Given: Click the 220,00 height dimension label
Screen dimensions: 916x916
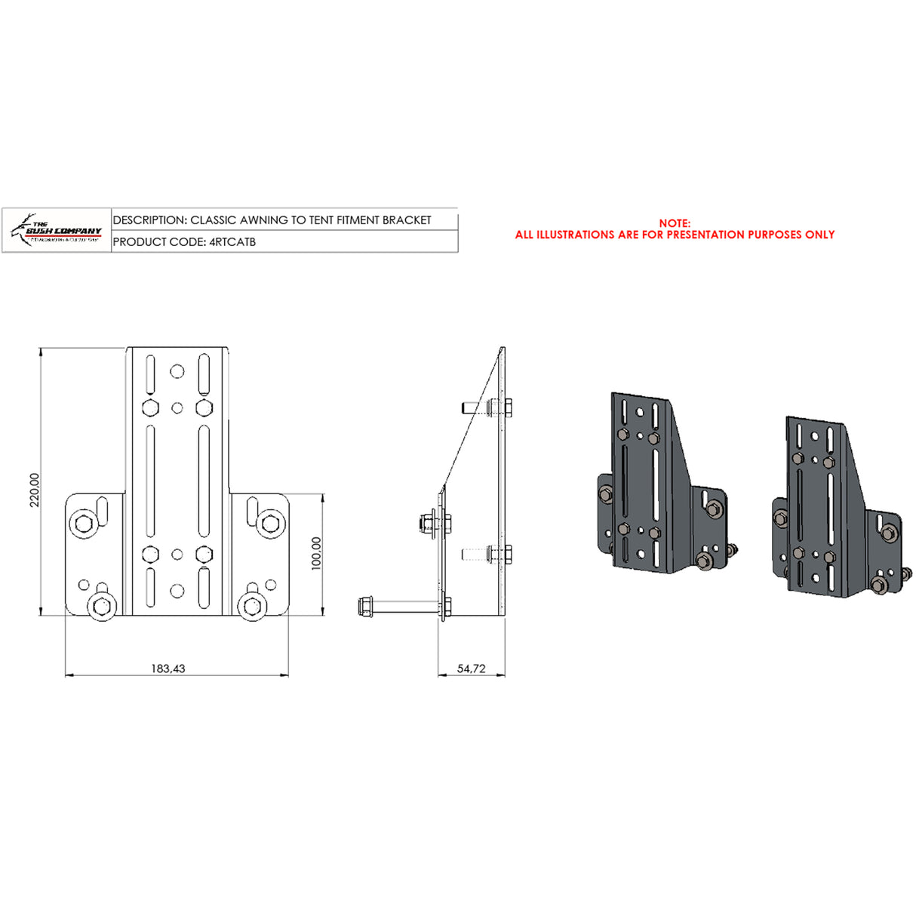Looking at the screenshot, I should pos(35,490).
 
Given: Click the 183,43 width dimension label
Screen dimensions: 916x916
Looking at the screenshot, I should pos(168,669).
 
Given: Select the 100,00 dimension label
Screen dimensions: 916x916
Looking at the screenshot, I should pos(316,553).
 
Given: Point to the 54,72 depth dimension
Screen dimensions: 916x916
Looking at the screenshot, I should pos(472,669).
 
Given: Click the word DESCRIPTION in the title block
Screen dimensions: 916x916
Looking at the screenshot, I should pos(149,220).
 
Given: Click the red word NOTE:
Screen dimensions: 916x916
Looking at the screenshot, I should pos(675,223).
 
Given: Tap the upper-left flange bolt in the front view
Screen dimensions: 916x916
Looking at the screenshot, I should pos(84,523).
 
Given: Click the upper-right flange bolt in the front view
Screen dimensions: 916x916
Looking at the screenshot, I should pos(269,522).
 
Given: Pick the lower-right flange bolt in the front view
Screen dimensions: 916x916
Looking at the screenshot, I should pos(251,606).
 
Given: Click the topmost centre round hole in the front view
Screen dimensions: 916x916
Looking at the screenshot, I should pos(177,371).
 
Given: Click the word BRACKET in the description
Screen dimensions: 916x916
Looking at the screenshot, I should pos(407,220).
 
